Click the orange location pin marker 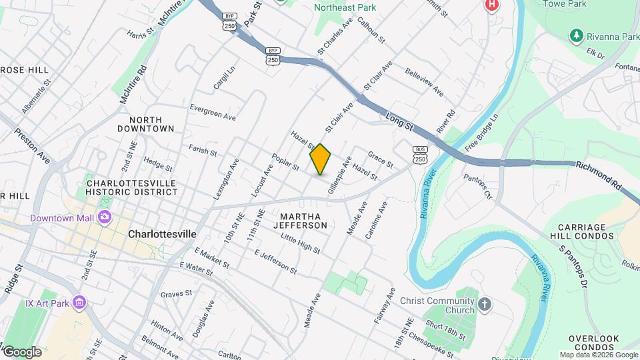[321, 159]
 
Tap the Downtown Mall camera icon [104, 217]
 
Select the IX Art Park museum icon [79, 303]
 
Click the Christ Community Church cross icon [485, 305]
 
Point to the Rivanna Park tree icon [575, 35]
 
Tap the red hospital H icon [492, 5]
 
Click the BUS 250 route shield [420, 155]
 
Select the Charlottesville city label [162, 234]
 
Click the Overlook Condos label [594, 343]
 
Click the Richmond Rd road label [598, 170]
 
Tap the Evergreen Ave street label [213, 111]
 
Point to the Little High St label [300, 243]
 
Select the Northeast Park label [345, 8]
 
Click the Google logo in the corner [21, 351]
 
